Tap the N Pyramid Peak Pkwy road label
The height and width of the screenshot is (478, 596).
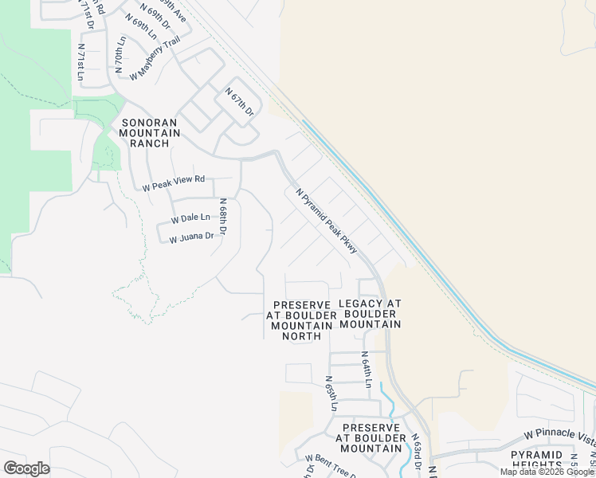[x=327, y=221]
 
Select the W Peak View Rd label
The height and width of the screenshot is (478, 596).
[x=174, y=183]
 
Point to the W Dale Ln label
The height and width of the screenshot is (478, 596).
[x=190, y=217]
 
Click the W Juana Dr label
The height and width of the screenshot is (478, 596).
[x=191, y=237]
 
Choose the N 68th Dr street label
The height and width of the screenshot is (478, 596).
[x=223, y=217]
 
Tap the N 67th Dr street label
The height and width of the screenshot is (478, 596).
[x=239, y=103]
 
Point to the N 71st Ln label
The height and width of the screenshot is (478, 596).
[x=80, y=60]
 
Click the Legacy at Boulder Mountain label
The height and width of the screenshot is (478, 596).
[x=370, y=314]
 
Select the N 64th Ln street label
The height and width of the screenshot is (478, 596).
[x=366, y=370]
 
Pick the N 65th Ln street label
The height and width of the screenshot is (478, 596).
[x=331, y=394]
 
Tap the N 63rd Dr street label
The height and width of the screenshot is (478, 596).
[x=416, y=453]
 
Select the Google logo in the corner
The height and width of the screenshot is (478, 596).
[x=26, y=468]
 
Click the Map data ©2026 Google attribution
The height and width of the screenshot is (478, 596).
[x=547, y=472]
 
